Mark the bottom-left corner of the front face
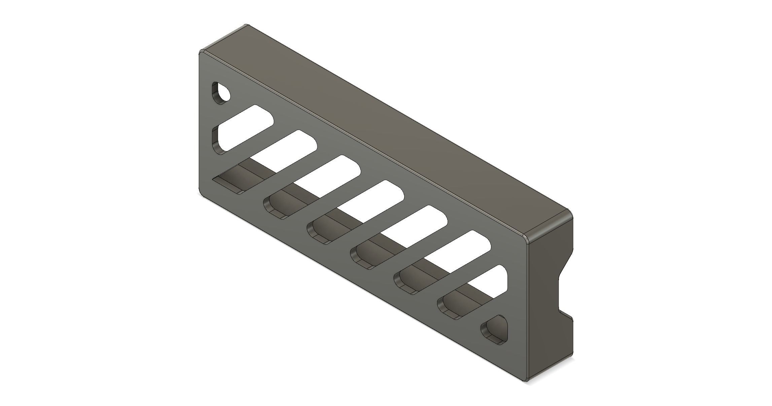[201, 195]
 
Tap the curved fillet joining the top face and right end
[549, 222]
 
